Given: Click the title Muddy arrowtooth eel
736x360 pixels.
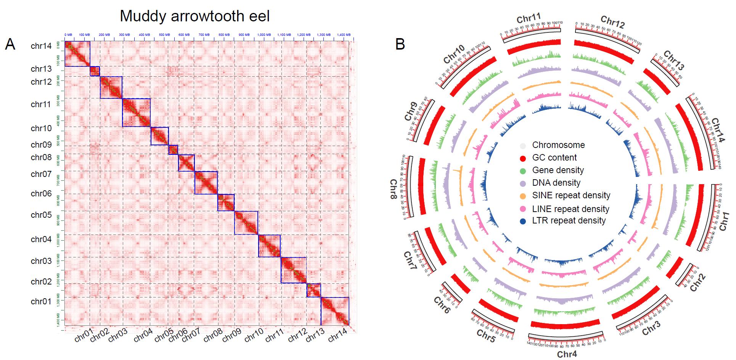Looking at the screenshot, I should [x=194, y=16].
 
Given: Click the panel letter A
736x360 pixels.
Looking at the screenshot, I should [x=10, y=45].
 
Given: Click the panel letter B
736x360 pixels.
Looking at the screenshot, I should [x=400, y=44].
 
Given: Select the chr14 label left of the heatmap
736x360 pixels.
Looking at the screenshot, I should [x=41, y=47].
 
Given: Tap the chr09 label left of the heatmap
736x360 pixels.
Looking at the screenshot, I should [x=41, y=145].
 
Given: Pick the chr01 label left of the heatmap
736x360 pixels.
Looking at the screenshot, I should [x=41, y=302].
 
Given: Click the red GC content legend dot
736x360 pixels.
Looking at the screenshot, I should [x=524, y=158].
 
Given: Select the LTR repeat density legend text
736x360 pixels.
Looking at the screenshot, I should [x=569, y=221].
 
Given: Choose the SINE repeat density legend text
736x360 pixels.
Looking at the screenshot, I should [x=571, y=196].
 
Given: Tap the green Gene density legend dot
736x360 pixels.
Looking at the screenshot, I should [x=524, y=170].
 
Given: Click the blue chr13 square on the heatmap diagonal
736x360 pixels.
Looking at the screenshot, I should [x=95, y=71].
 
